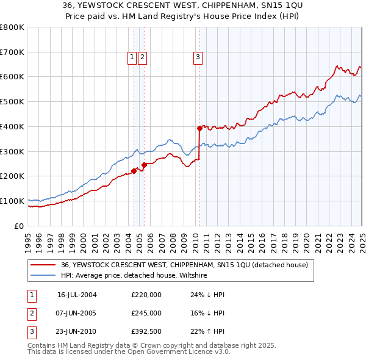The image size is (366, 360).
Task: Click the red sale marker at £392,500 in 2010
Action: tap(199, 128)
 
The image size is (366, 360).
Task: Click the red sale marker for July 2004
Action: tap(134, 171)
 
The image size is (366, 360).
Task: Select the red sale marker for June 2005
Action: tap(144, 165)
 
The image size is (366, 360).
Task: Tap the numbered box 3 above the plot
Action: tap(198, 58)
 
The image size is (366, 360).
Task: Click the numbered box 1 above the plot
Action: tap(132, 58)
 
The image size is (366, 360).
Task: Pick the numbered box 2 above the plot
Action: tap(142, 58)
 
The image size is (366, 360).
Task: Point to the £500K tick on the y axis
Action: tap(13, 101)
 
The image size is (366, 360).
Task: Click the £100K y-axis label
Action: tap(13, 201)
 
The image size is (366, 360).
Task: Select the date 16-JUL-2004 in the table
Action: tap(77, 294)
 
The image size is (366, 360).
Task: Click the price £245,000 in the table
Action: tap(146, 313)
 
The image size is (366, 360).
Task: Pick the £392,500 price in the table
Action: tap(146, 332)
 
